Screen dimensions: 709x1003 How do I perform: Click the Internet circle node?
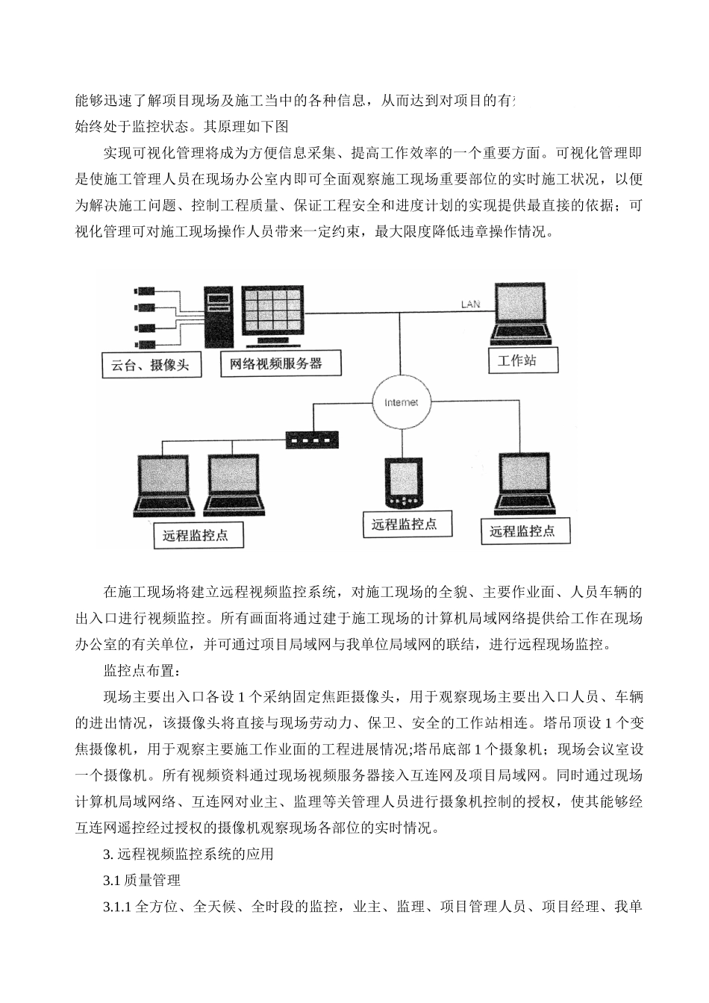tap(401, 402)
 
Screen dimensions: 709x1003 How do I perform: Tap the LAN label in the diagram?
tap(470, 304)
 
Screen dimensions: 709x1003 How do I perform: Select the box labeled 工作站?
tap(516, 361)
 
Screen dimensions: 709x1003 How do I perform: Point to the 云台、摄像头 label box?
tap(151, 365)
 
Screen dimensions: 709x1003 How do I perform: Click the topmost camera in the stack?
tap(144, 291)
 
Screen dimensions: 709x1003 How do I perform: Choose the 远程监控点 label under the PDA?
tap(404, 524)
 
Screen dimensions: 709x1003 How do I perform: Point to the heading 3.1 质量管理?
tap(142, 881)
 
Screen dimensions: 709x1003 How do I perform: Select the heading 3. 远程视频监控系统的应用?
tap(188, 854)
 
